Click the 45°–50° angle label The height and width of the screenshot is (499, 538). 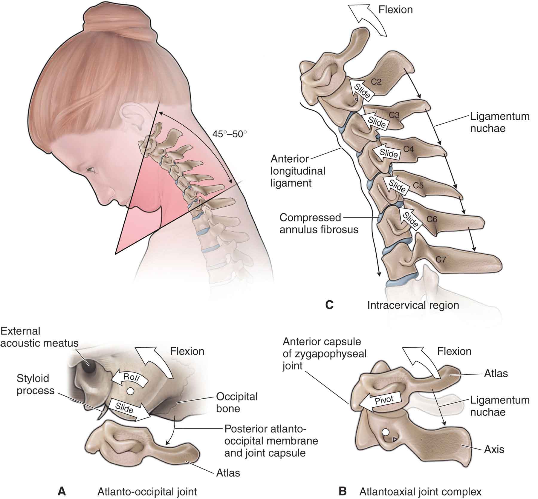point(230,134)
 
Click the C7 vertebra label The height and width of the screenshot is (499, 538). point(441,259)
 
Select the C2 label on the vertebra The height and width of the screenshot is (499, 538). point(376,81)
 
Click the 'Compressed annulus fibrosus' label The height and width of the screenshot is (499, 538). point(319,223)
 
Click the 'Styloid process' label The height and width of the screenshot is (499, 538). point(35,384)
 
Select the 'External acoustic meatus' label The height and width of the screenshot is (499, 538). point(39,337)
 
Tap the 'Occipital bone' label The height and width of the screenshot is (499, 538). point(237,402)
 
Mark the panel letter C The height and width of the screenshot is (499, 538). point(329,305)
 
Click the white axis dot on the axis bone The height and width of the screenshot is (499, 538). point(386,432)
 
